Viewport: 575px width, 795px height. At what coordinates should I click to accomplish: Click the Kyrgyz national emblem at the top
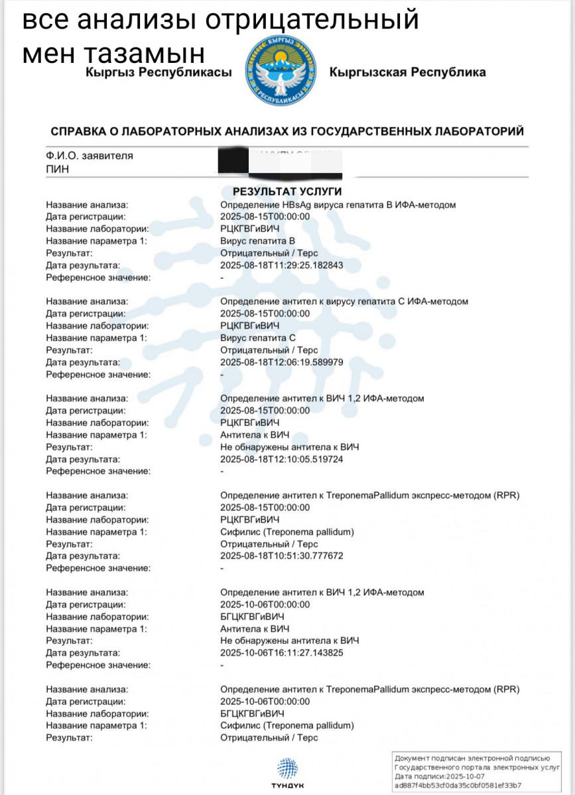[281, 72]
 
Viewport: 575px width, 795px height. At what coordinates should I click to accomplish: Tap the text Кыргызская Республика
[407, 72]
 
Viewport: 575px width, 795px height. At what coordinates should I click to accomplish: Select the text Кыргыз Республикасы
[159, 72]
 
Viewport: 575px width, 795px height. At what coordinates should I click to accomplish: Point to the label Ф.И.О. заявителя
[90, 156]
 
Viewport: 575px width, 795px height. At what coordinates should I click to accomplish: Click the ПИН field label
[57, 169]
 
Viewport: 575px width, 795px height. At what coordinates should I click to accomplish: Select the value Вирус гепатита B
[257, 241]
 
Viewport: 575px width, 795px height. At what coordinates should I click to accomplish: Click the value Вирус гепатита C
[257, 338]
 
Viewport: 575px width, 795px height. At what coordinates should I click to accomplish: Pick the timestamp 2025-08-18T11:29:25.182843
[281, 266]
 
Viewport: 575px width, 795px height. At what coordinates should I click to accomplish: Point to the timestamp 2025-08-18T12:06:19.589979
[281, 362]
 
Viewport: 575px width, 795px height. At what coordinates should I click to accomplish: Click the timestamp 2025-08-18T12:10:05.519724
[281, 459]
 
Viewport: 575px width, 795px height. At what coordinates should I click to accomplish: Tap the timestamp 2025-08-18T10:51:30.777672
[281, 556]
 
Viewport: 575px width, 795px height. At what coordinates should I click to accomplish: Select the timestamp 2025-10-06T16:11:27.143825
[281, 653]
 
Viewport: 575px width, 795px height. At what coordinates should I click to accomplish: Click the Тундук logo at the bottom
[287, 771]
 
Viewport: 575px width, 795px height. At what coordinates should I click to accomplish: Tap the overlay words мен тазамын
[113, 53]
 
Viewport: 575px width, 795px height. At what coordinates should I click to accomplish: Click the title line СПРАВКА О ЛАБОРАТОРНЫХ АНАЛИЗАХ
[287, 131]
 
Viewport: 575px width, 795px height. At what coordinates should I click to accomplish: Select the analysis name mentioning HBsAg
[338, 205]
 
